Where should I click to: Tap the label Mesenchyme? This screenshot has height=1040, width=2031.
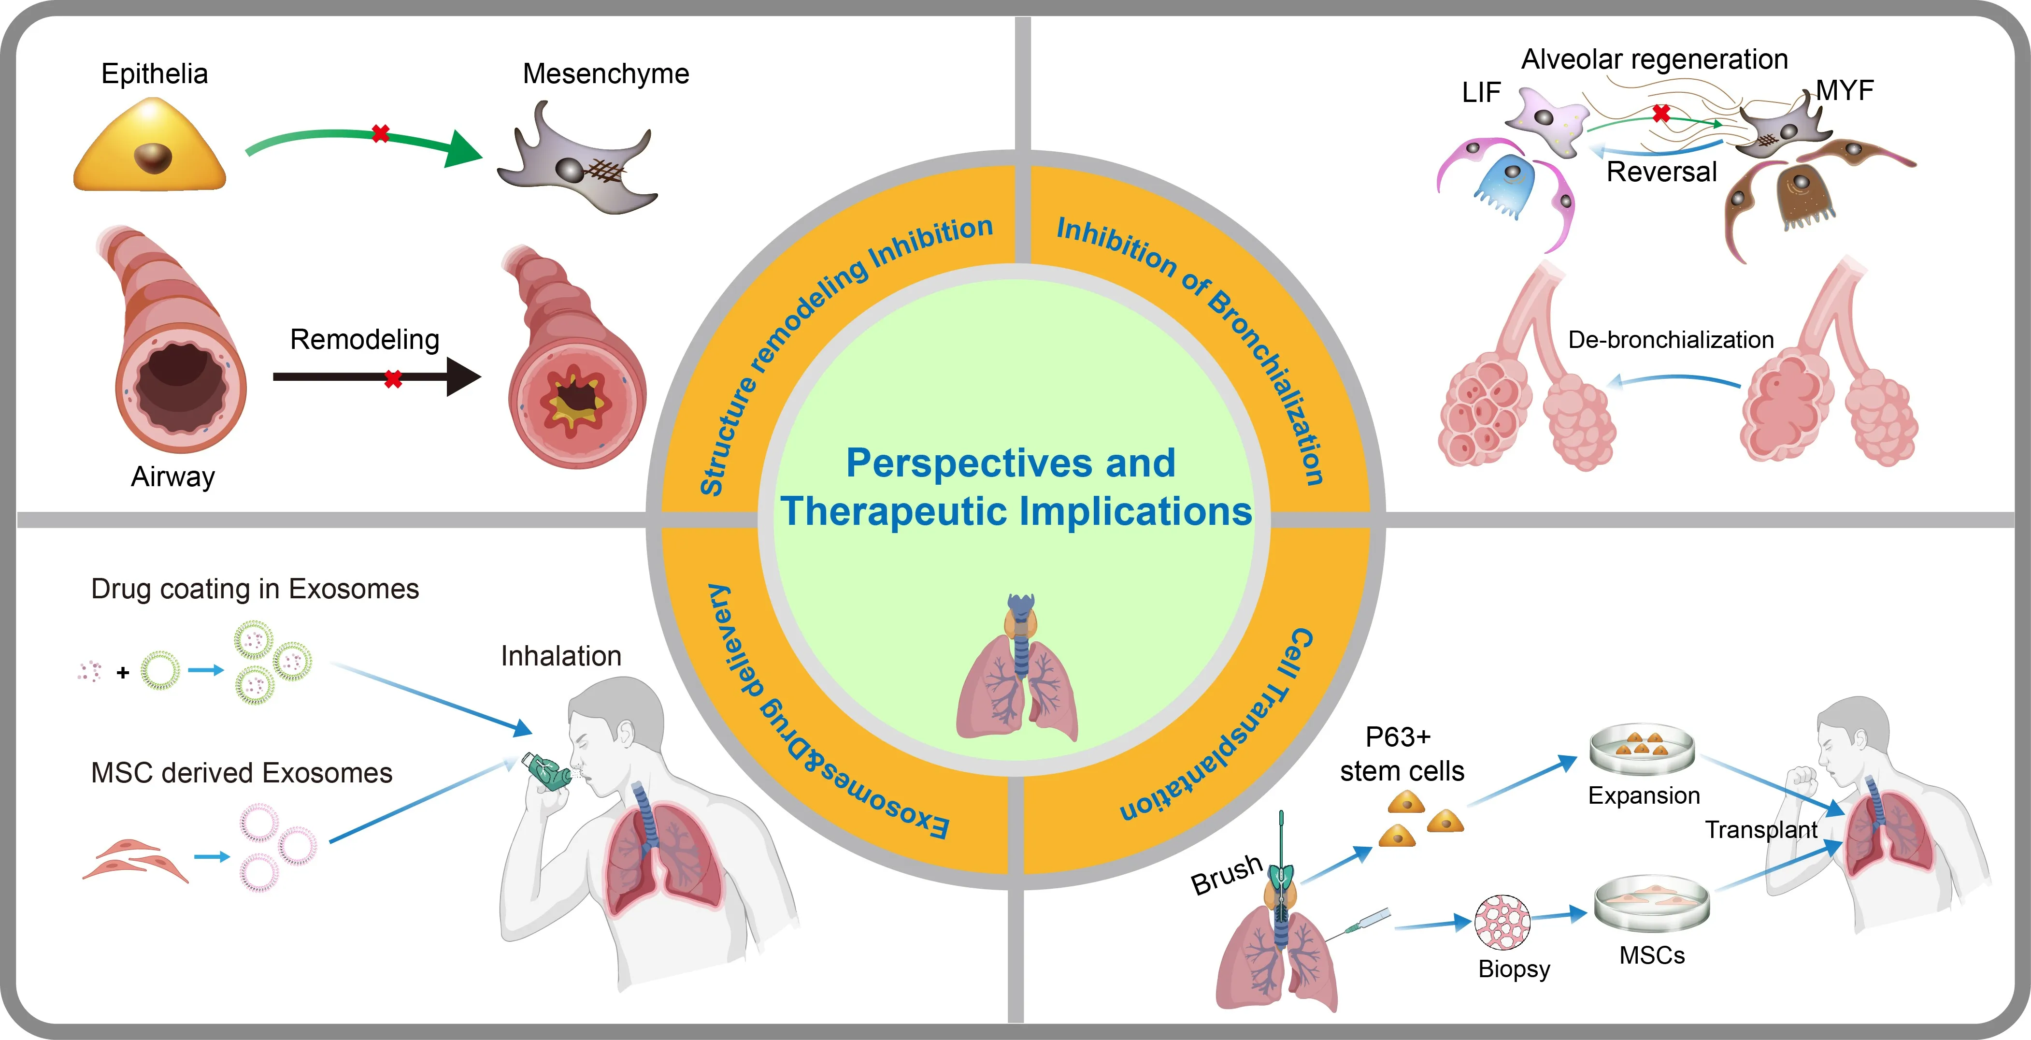click(x=605, y=74)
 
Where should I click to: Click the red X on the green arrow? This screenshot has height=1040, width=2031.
click(x=380, y=133)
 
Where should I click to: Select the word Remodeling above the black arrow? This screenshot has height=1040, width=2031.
click(x=364, y=339)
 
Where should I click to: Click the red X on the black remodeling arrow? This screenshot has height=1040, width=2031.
click(x=393, y=379)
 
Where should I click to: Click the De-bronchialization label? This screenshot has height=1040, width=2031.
click(x=1671, y=340)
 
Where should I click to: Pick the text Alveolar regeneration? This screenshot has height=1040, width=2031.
click(x=1654, y=59)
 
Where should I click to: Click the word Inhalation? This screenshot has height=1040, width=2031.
click(x=560, y=656)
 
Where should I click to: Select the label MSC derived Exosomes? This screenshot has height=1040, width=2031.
click(x=241, y=773)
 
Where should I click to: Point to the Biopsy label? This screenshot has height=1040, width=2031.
click(x=1514, y=968)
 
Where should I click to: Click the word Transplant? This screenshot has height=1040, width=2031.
click(x=1760, y=829)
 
